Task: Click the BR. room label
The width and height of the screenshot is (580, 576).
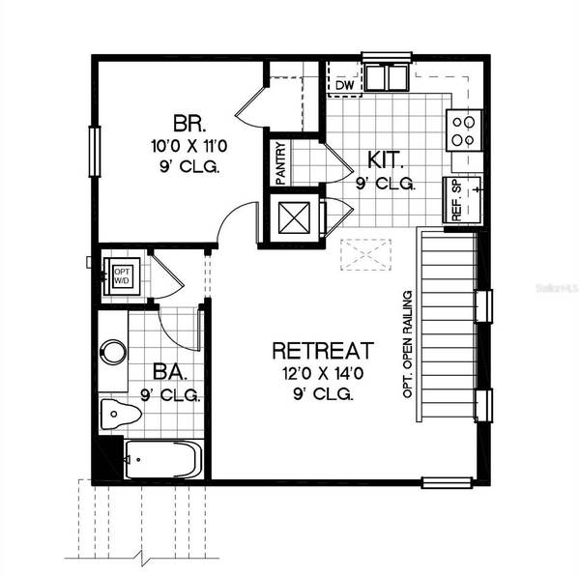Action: pos(186,125)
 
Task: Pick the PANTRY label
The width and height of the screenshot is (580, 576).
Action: pos(279,162)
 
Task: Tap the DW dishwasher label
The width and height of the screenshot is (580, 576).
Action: pos(344,85)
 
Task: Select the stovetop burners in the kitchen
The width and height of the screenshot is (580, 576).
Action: pos(464,129)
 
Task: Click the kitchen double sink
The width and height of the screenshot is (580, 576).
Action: pos(388,76)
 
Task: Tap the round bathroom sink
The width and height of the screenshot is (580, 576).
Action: pos(113,351)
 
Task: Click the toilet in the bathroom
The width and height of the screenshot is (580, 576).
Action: pos(119,415)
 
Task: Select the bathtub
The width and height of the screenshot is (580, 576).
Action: pos(162,459)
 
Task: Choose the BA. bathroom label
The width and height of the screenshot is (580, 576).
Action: pos(169,372)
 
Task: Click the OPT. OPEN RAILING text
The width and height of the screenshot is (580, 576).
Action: pos(408,345)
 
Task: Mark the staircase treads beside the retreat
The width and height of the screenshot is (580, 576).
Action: pos(449,324)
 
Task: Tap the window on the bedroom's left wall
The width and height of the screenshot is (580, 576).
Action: pos(95,151)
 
